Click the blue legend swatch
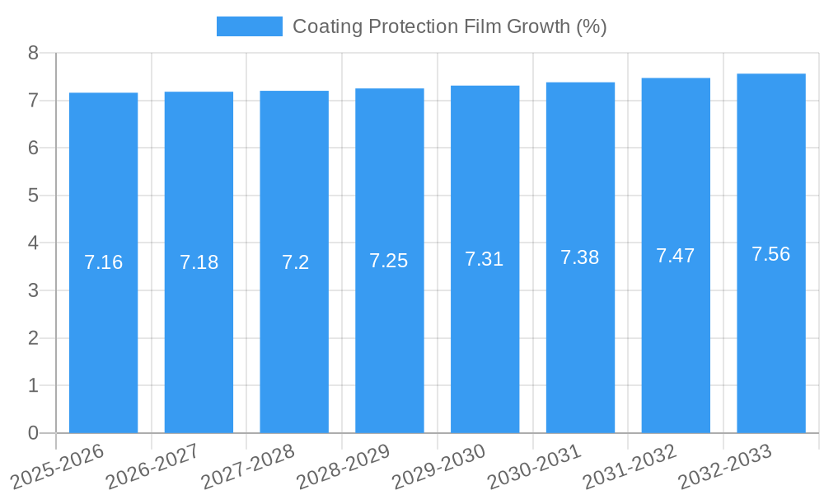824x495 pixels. click(249, 26)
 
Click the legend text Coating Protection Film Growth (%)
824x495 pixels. click(449, 26)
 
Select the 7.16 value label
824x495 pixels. click(103, 262)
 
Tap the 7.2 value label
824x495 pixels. click(294, 262)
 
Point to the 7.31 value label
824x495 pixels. click(485, 259)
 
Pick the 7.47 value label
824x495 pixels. click(676, 256)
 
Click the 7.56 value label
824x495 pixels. click(771, 254)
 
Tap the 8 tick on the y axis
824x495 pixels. click(34, 53)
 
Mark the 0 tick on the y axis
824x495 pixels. click(34, 433)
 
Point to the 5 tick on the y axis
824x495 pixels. click(34, 196)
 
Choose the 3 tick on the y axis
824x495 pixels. click(34, 290)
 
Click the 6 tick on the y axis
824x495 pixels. click(34, 148)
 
